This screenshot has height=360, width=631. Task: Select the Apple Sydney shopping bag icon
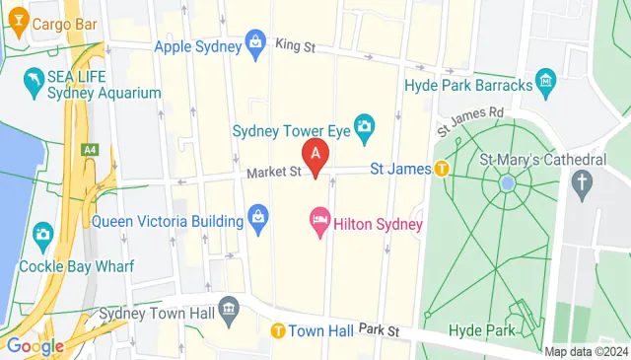pos(256,42)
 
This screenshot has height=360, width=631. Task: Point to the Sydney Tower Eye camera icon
pos(364,126)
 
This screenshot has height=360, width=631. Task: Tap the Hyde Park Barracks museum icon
pos(544,79)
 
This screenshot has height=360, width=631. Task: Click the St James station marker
pos(443,169)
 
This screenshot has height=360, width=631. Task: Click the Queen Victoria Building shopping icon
pos(259,218)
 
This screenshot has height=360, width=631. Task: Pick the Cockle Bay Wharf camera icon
pos(42,235)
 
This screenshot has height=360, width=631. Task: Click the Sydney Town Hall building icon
pos(229,309)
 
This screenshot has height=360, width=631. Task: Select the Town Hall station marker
pos(280,330)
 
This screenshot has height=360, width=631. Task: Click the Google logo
pos(35,346)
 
